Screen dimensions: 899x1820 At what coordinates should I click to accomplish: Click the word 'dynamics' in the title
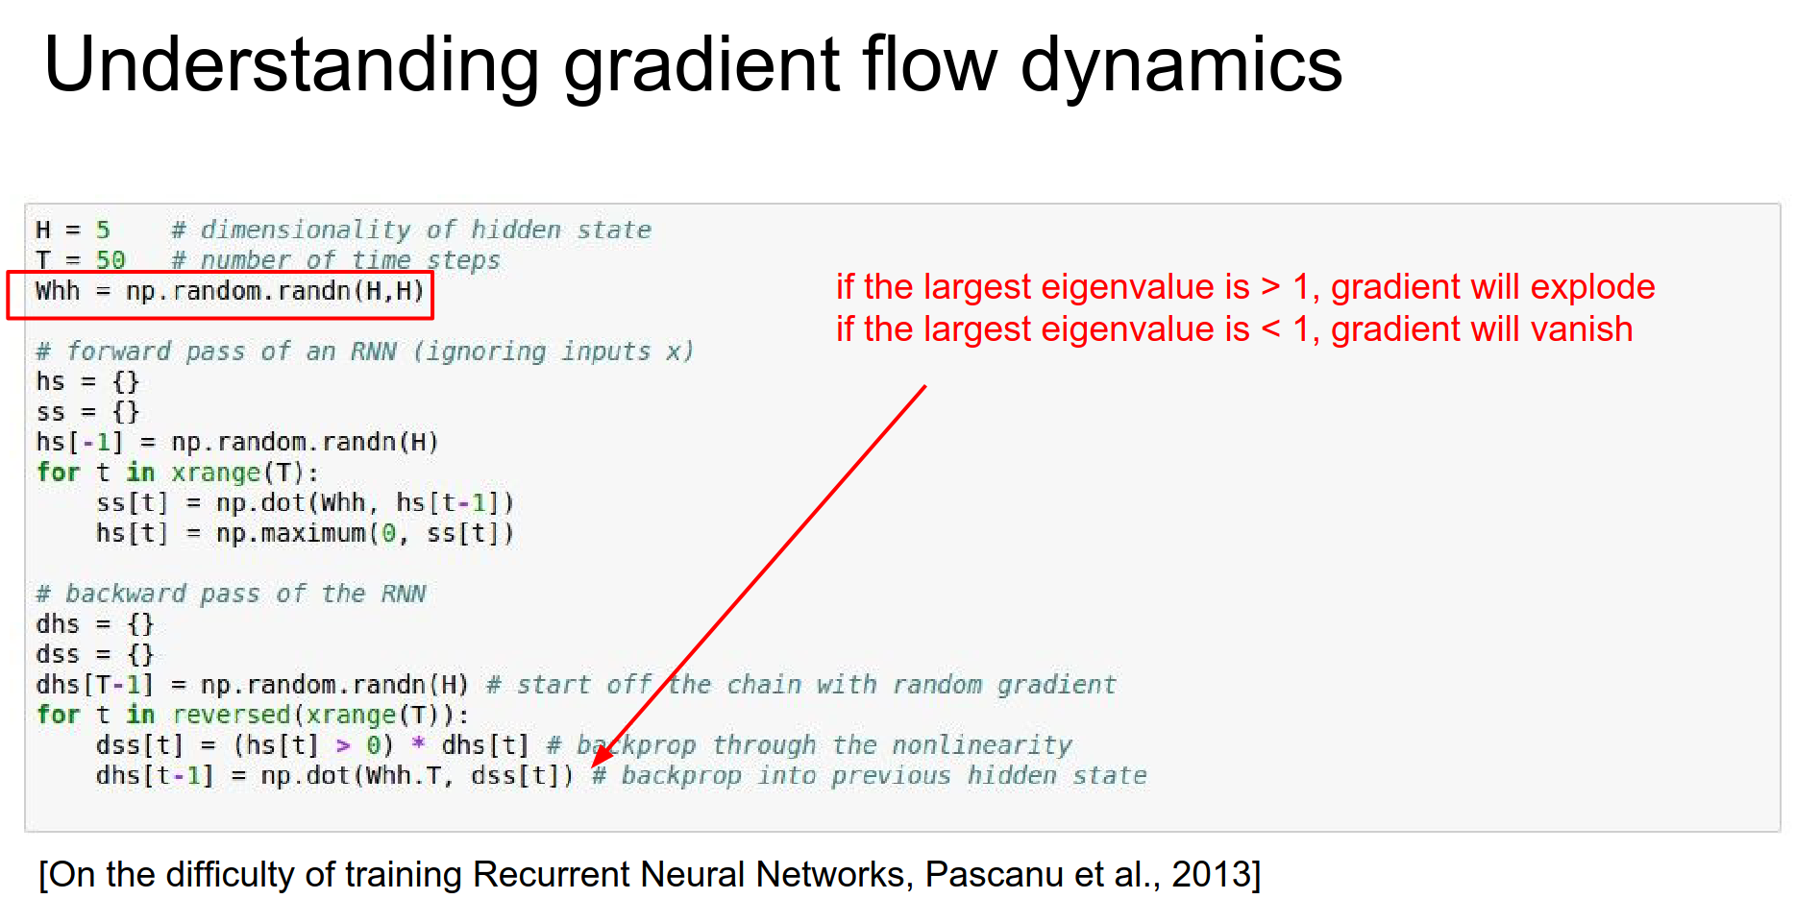[x=1180, y=65]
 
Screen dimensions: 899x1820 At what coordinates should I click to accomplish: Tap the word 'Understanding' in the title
[x=291, y=65]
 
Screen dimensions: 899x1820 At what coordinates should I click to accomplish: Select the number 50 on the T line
[x=111, y=260]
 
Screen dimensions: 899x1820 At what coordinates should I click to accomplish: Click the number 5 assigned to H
[x=103, y=231]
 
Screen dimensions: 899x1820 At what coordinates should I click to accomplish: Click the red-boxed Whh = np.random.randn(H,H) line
[x=229, y=291]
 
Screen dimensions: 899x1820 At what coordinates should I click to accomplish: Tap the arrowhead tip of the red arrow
[x=594, y=765]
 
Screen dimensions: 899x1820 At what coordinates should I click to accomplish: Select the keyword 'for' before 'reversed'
[x=58, y=715]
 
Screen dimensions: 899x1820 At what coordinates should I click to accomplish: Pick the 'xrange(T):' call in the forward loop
[x=244, y=473]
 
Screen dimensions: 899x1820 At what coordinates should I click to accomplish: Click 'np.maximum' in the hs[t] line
[x=290, y=533]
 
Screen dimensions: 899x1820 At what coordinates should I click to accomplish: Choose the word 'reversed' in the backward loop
[x=231, y=715]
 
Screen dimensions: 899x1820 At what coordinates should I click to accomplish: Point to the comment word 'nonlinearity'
[x=981, y=745]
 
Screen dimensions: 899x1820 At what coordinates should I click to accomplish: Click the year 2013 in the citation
[x=1211, y=875]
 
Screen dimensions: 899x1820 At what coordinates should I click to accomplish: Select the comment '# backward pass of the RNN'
[x=231, y=594]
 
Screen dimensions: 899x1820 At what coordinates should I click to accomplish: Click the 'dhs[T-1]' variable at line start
[x=94, y=685]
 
